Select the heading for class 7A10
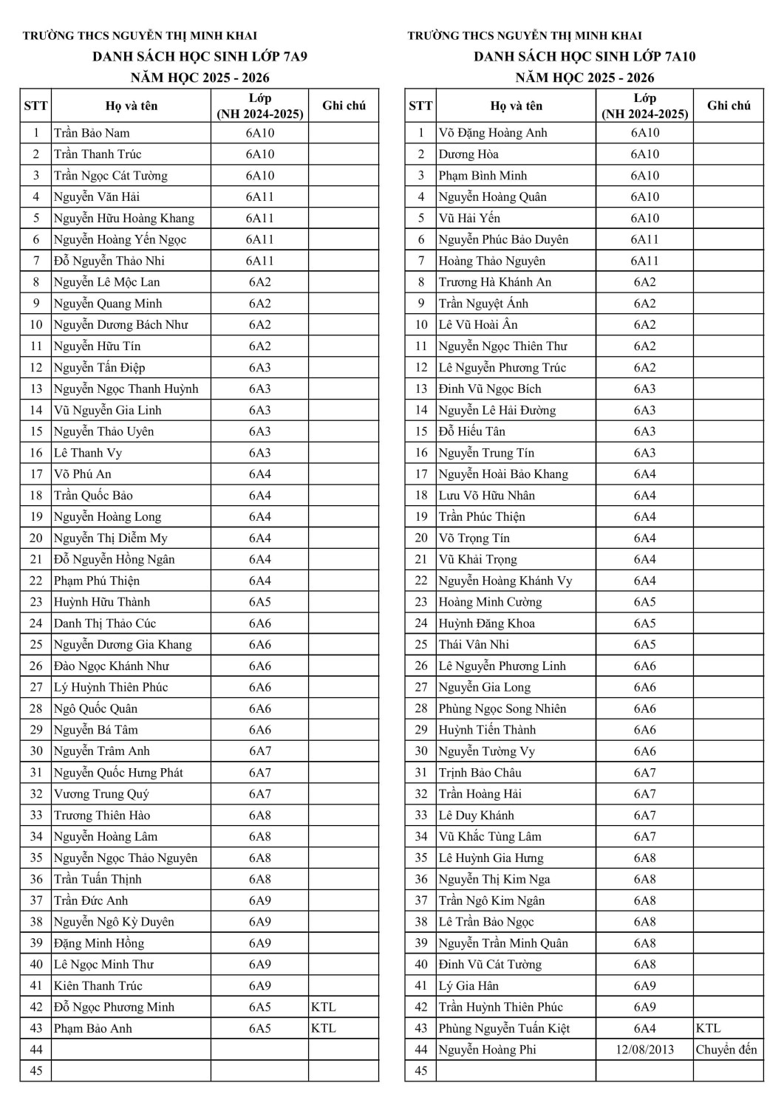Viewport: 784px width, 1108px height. pos(584,56)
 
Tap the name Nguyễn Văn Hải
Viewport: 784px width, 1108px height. pos(97,196)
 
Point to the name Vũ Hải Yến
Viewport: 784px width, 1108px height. pos(469,218)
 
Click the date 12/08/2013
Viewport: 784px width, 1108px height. pos(644,1050)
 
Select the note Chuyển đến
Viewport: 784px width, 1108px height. pos(727,1050)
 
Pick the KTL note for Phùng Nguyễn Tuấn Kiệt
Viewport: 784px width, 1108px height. pos(708,1028)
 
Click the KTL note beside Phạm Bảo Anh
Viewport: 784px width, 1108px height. pos(323,1028)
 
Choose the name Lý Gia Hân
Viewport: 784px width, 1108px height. pos(468,985)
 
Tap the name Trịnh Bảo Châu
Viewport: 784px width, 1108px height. pos(480,773)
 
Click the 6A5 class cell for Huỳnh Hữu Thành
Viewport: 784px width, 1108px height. pos(259,602)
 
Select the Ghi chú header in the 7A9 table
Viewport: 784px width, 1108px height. pos(344,106)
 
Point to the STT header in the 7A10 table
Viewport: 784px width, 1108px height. pos(420,106)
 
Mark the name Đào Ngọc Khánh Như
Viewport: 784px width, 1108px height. pos(112,666)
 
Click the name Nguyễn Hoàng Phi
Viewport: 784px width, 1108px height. pos(487,1050)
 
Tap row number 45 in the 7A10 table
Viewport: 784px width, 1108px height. pos(421,1071)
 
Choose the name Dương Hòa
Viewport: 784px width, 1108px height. pos(468,154)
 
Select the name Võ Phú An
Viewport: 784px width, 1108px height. pos(83,474)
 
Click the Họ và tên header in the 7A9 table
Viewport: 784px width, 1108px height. pos(132,106)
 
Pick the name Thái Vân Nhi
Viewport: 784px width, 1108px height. pos(474,644)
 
